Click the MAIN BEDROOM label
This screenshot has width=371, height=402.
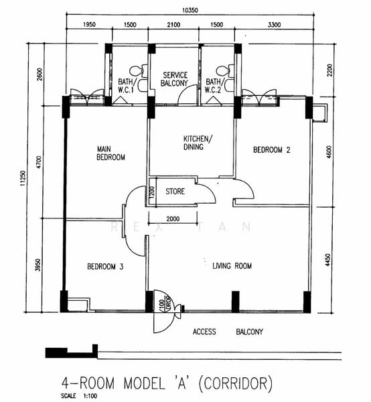110,153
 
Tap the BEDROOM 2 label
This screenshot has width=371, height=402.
272,149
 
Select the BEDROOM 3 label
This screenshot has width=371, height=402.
105,267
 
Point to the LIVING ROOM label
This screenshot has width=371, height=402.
232,266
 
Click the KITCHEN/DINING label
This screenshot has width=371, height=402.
198,143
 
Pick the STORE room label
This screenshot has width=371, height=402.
175,191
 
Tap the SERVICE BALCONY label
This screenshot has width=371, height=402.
174,79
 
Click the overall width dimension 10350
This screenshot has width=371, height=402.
190,10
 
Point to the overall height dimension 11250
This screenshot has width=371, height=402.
23,178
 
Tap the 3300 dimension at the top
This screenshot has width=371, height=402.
274,25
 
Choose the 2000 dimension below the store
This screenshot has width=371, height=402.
173,218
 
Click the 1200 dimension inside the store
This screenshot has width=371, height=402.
151,192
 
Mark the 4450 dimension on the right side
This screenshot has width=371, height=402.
328,260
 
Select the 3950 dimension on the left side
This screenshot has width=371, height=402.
38,265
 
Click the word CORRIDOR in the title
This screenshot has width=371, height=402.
235,383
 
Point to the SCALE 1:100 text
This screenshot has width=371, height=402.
79,396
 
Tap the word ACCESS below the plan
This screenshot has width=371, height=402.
204,332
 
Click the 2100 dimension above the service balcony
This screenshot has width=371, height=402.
173,25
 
